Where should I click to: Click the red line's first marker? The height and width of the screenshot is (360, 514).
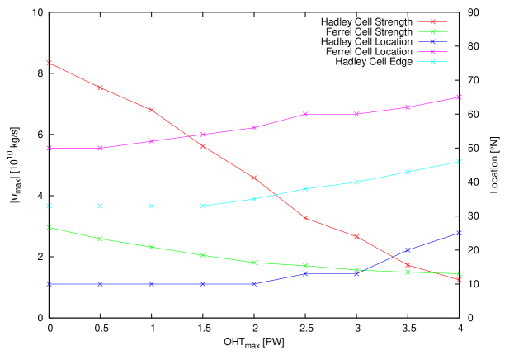(x=50, y=63)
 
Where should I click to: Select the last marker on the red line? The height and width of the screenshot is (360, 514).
(x=460, y=280)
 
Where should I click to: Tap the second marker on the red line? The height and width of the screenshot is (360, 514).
(x=101, y=88)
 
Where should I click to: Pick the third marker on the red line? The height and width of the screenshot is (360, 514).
(x=152, y=110)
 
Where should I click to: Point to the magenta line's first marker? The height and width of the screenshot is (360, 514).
(x=50, y=148)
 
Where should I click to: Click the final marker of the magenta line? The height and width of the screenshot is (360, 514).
(x=460, y=97)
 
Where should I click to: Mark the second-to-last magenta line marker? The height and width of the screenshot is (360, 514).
(x=408, y=107)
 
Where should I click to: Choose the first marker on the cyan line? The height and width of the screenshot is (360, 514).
(x=50, y=206)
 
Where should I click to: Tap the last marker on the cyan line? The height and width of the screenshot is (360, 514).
(x=460, y=161)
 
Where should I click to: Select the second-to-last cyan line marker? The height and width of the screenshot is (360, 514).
(x=408, y=172)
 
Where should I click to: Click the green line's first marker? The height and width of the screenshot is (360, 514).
(x=50, y=227)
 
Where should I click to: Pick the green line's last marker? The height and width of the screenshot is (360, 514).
(x=460, y=273)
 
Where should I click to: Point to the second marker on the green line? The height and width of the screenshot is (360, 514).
(x=101, y=239)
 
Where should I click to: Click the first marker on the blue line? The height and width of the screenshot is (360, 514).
(x=50, y=284)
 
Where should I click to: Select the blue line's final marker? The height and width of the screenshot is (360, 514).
(x=460, y=233)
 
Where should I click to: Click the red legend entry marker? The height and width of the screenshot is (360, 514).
(x=432, y=21)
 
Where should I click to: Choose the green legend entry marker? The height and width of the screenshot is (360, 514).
(x=432, y=31)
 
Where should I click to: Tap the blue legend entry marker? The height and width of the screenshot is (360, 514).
(x=432, y=41)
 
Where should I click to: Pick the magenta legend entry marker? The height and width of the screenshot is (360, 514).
(x=432, y=51)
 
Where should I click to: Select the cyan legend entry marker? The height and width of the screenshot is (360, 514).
(x=432, y=61)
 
